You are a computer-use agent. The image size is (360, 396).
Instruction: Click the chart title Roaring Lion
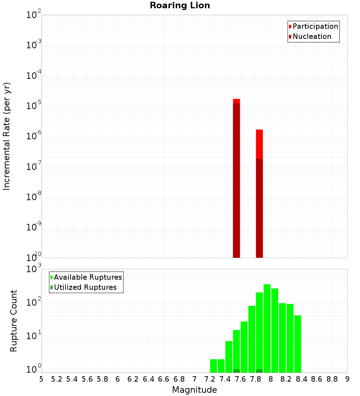tap(180, 5)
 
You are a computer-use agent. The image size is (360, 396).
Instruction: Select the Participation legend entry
tap(315, 26)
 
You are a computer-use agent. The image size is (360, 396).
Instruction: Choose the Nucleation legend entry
tap(311, 36)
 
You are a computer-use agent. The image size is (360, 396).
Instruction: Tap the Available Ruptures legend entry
tap(87, 277)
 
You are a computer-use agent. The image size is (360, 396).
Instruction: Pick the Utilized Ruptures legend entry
tap(85, 287)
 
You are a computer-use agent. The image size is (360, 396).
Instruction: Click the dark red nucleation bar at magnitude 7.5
tap(237, 180)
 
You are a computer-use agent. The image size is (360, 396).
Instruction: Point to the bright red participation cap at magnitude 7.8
tap(260, 144)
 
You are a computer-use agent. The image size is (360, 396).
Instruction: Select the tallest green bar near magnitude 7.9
tap(267, 328)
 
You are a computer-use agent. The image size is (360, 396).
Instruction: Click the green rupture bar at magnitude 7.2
tap(213, 366)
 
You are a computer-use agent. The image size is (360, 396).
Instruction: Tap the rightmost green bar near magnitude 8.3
tap(298, 344)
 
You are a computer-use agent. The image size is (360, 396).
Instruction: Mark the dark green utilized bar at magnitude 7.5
tap(237, 371)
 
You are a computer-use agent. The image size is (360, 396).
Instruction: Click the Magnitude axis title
tap(194, 390)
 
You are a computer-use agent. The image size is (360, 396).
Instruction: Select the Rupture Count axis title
tap(14, 320)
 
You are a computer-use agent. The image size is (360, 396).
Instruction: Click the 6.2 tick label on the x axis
tap(133, 379)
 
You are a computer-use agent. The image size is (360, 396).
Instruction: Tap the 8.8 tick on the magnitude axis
tap(332, 379)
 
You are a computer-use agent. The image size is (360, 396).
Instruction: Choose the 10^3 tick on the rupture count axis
tap(34, 269)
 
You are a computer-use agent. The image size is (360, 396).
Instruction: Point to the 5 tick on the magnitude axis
tap(41, 379)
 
